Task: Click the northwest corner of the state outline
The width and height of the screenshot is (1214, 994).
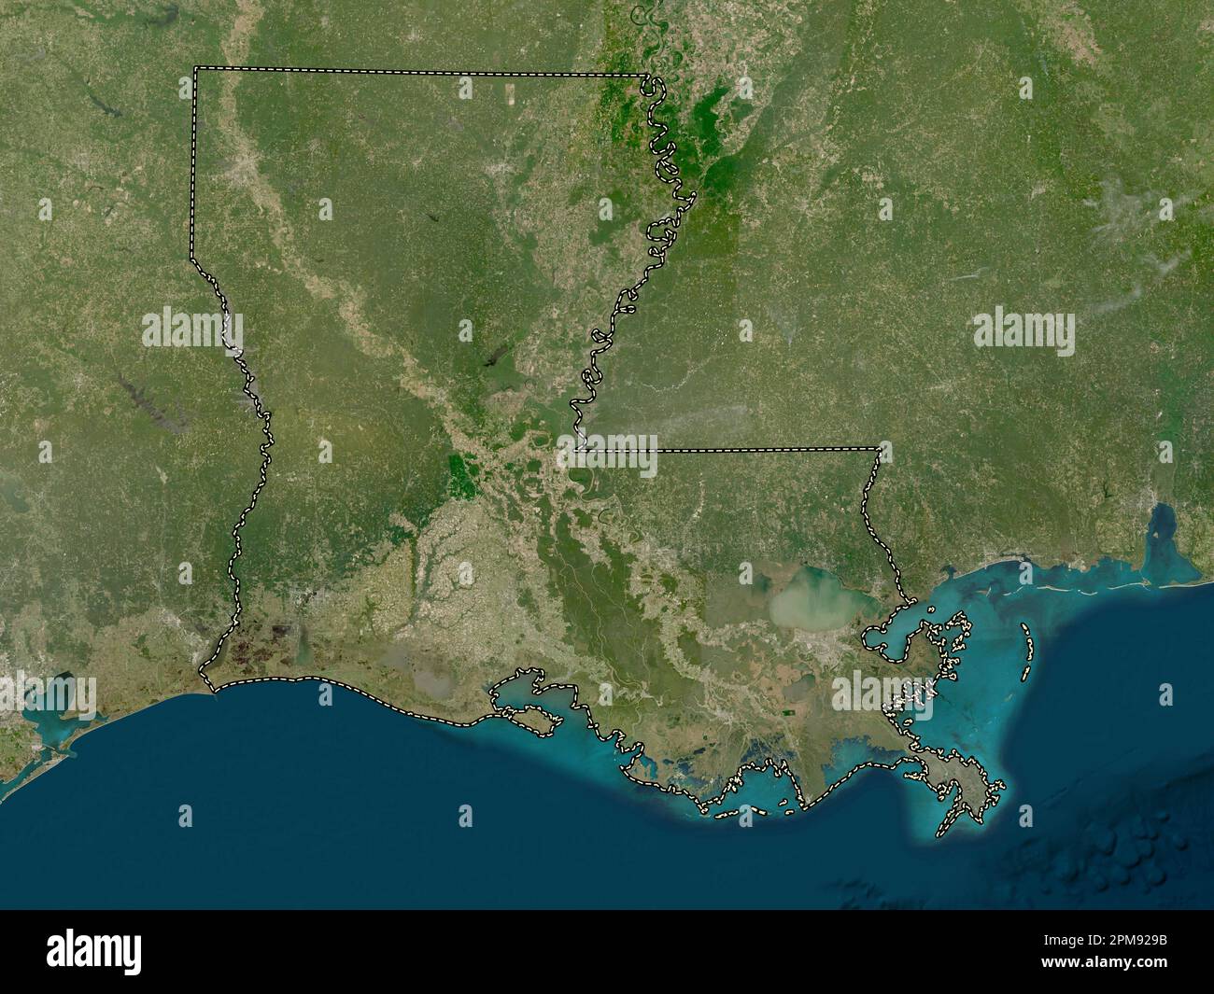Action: point(195,68)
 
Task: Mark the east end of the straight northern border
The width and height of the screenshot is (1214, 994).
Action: point(648,76)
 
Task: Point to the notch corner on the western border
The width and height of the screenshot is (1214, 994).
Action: point(192,259)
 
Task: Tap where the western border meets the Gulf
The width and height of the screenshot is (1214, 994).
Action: point(214,691)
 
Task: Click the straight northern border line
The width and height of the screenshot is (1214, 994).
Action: point(420,72)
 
